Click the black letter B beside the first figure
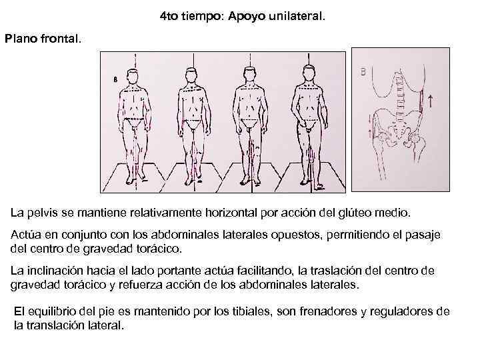click(115, 78)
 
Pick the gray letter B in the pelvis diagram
click(364, 72)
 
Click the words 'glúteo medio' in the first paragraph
click(379, 215)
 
